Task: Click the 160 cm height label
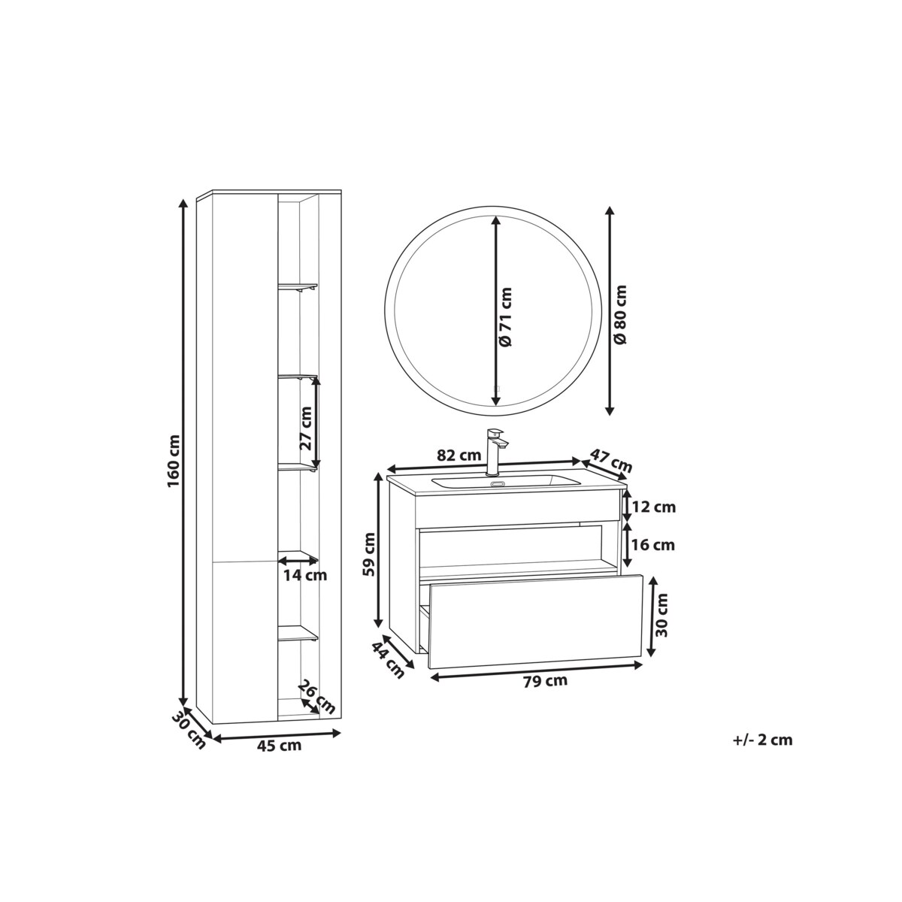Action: coord(173,461)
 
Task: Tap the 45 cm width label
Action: coord(279,758)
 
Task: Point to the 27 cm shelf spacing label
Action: coord(305,428)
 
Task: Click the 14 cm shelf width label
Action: coord(305,575)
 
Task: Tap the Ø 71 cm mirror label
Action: coord(506,317)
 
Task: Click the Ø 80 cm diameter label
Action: coord(621,313)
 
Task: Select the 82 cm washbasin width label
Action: coord(459,455)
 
